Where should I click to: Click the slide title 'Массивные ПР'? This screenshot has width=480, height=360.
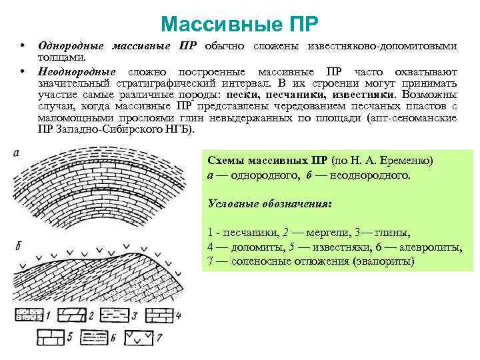point(239,25)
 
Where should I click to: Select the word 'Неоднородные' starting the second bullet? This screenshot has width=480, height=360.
point(77,71)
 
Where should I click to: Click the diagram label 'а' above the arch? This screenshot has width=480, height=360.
point(15,154)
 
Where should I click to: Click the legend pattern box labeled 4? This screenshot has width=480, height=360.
point(159,315)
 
